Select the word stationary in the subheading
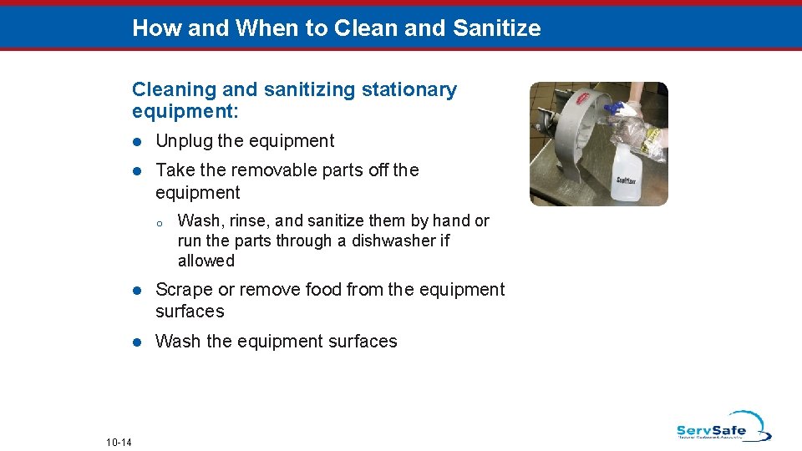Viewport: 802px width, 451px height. (409, 90)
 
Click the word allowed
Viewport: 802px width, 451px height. (206, 261)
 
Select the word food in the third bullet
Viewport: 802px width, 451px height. (324, 290)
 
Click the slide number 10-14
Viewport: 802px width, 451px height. (119, 442)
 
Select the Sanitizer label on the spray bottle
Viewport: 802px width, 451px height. (627, 180)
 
